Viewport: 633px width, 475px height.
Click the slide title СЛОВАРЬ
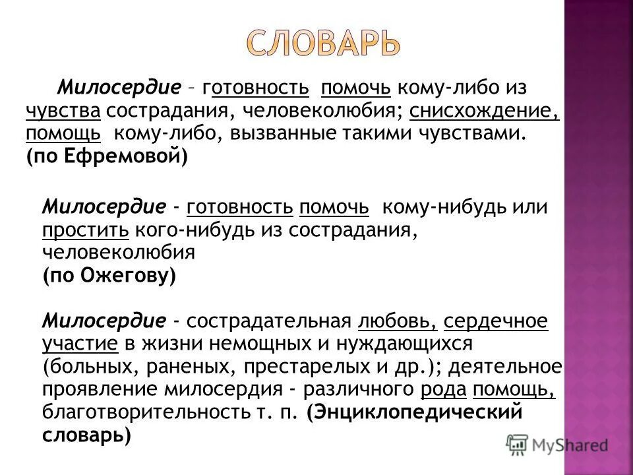pyautogui.click(x=324, y=43)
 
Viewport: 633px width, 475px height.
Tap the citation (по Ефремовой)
pyautogui.click(x=107, y=156)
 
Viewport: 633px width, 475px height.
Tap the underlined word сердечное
pyautogui.click(x=496, y=321)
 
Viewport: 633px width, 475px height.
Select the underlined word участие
pyautogui.click(x=80, y=344)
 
